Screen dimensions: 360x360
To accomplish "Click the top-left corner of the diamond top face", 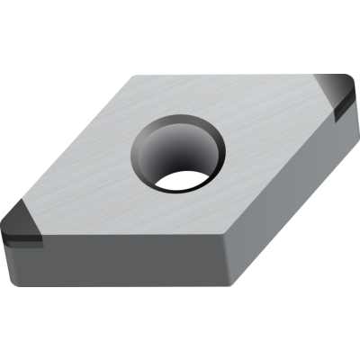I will tap(133, 77).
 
